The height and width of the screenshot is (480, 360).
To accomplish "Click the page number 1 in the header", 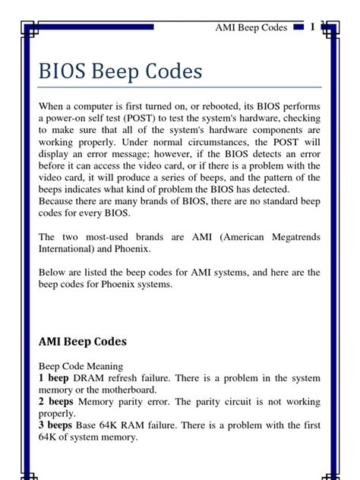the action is coord(312,27).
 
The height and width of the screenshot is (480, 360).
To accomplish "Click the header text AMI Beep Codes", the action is coord(251,28).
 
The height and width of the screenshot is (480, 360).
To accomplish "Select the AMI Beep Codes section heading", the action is coord(83,341).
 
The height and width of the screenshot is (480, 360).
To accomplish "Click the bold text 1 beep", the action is coord(54,377).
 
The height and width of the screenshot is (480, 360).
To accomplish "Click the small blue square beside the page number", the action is coord(298,27).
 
